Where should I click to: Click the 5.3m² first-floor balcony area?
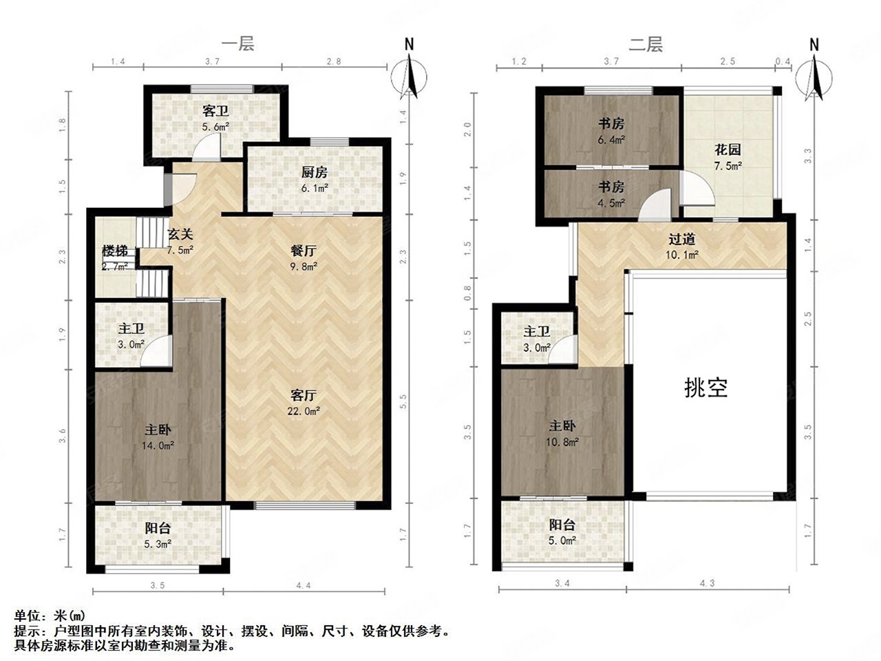[158, 544]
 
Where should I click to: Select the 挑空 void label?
[706, 388]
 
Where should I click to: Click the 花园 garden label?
[727, 149]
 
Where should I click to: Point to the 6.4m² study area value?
[611, 140]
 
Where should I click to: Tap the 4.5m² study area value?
[611, 203]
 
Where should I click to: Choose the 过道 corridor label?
[681, 240]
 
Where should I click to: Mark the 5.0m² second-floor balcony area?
[562, 541]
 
